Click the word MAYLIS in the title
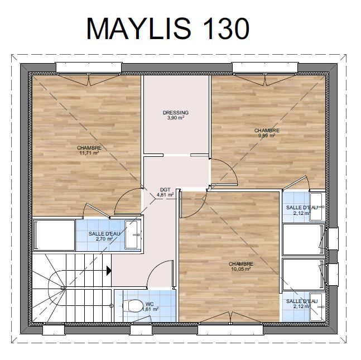(139, 28)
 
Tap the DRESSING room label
(176, 113)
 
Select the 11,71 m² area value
(89, 153)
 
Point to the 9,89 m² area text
(267, 136)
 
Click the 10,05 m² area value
(240, 269)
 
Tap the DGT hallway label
(165, 190)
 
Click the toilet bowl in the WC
(133, 306)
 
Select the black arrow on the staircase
(109, 271)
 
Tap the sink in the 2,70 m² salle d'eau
(133, 235)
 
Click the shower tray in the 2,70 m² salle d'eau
(54, 235)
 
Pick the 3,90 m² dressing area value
(176, 118)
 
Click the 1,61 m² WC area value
(150, 309)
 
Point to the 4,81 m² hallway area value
(165, 195)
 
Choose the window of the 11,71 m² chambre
(89, 68)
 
